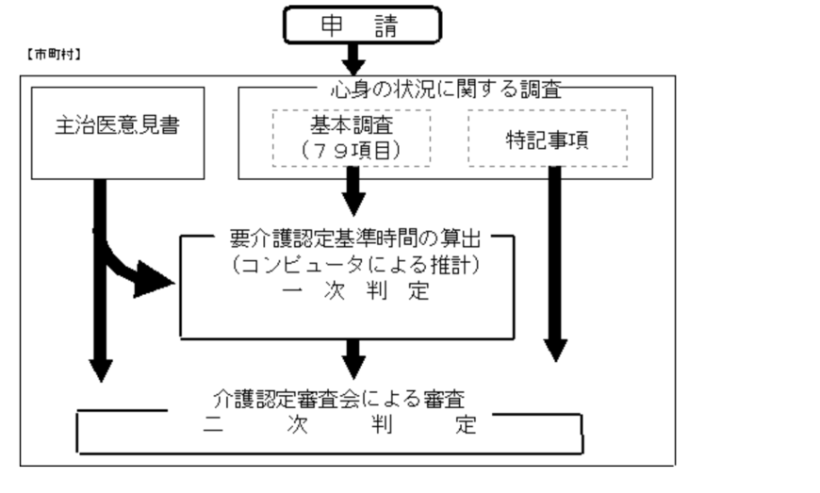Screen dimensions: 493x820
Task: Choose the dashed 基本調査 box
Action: pyautogui.click(x=351, y=136)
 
